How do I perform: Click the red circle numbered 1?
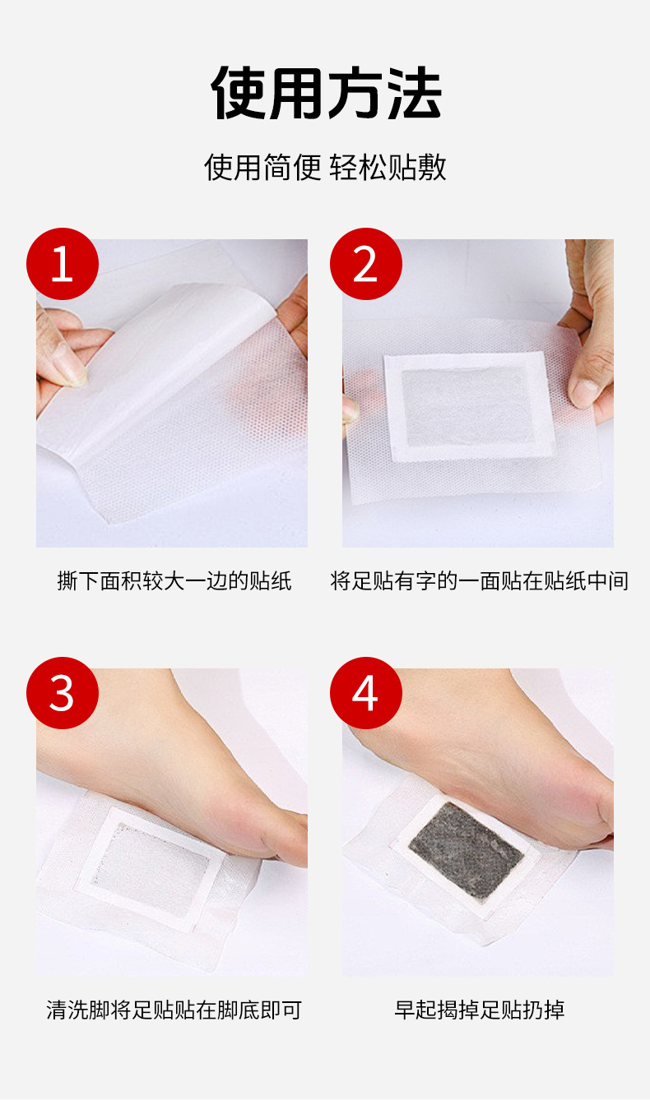coord(63,264)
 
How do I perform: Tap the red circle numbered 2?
coord(366,264)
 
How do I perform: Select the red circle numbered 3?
coord(63,693)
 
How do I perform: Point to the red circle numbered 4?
coord(366,693)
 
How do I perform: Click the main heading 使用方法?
coord(326,93)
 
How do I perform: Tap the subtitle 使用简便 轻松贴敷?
coord(325,167)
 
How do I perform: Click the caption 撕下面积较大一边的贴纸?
coord(174,581)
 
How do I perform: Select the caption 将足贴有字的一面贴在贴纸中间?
coord(479,581)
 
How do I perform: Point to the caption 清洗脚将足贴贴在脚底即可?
coord(174,1010)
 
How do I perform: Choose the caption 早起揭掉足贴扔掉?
coord(479,1010)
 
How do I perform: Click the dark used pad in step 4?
coord(465,846)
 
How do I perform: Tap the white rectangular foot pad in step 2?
coord(469,407)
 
